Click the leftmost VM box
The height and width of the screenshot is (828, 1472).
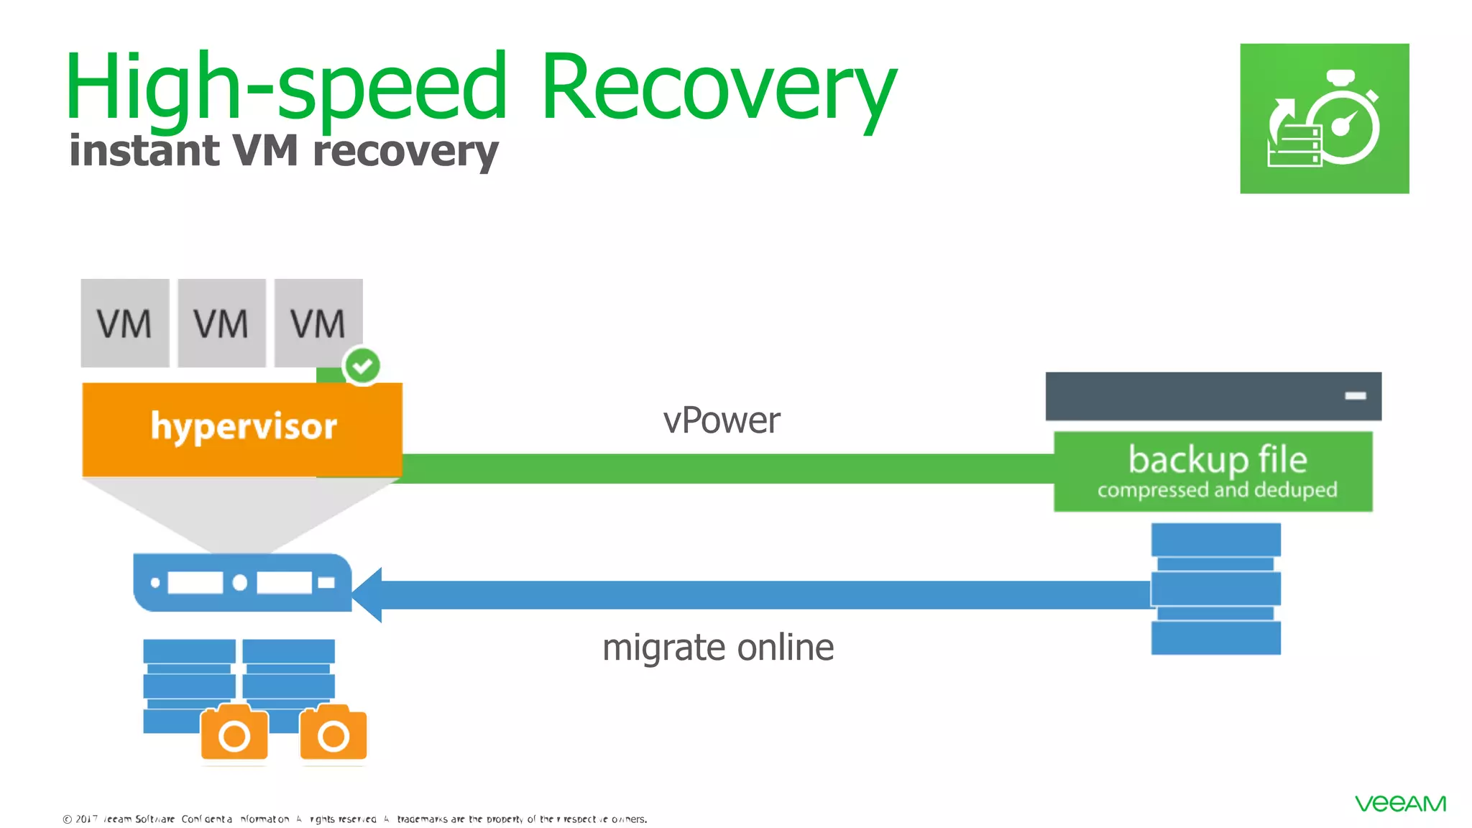[124, 323]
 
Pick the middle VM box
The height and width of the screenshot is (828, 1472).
[221, 323]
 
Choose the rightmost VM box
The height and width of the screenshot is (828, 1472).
[318, 323]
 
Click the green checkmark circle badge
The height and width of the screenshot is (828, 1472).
[362, 366]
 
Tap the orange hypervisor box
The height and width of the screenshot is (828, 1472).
[242, 428]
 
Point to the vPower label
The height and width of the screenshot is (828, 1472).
[721, 420]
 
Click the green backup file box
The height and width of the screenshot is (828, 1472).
[1213, 471]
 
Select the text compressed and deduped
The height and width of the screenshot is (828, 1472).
[1217, 490]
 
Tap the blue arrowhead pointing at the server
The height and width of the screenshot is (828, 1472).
[368, 594]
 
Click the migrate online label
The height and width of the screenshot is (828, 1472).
[717, 648]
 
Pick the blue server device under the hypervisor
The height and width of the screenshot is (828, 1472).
[242, 582]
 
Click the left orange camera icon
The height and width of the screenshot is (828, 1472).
[234, 733]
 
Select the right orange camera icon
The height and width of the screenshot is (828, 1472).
[333, 733]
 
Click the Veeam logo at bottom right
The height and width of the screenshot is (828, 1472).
[1400, 804]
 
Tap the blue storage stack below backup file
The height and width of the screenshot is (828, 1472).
[1215, 589]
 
